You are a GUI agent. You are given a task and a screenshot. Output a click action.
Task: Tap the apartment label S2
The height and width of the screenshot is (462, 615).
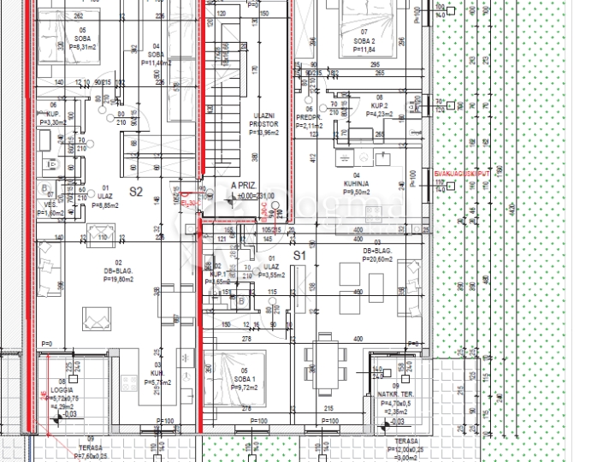click(x=136, y=192)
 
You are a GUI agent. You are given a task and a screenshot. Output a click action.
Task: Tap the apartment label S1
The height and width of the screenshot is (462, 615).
click(x=299, y=256)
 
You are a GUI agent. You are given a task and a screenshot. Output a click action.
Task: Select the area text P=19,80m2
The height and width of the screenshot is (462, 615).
click(x=120, y=278)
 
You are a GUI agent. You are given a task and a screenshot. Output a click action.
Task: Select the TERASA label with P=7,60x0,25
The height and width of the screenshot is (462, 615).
click(x=91, y=456)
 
